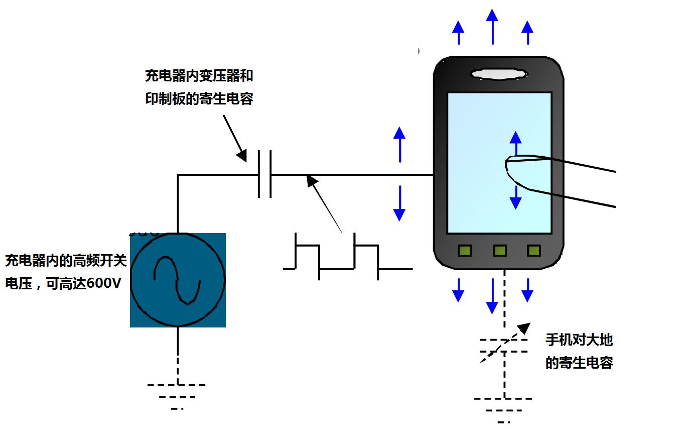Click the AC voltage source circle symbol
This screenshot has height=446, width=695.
(178, 280)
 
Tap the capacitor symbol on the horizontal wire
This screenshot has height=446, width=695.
(265, 174)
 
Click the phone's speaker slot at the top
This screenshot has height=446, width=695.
(499, 74)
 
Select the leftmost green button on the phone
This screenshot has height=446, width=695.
(465, 250)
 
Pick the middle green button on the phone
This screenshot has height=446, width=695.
(500, 250)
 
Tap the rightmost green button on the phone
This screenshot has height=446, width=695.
(533, 250)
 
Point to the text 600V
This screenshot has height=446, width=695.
(104, 284)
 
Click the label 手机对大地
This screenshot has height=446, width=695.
(579, 340)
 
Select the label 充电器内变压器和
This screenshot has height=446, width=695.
(199, 76)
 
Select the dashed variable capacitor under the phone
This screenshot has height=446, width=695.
(504, 346)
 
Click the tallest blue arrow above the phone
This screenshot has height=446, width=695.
(492, 26)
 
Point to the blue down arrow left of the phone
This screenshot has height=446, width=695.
(399, 203)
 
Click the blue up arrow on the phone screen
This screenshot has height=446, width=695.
(515, 143)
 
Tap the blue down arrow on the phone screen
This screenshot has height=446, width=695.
(515, 197)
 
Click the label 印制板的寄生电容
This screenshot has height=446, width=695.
(199, 98)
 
